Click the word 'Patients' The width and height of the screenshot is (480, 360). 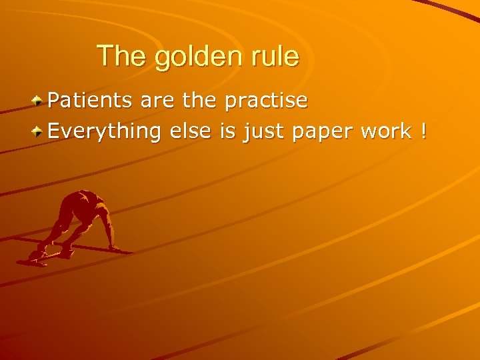pos(91,101)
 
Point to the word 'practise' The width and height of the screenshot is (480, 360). pos(266,102)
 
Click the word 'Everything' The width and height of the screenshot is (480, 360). pos(105,132)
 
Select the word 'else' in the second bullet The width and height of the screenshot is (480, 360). pos(190,131)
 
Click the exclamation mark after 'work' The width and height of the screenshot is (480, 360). pos(423,131)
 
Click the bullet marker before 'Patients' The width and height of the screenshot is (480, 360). pos(39,101)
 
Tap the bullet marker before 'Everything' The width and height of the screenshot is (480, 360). pos(39,131)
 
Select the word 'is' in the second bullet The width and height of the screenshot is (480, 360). pos(227,131)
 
